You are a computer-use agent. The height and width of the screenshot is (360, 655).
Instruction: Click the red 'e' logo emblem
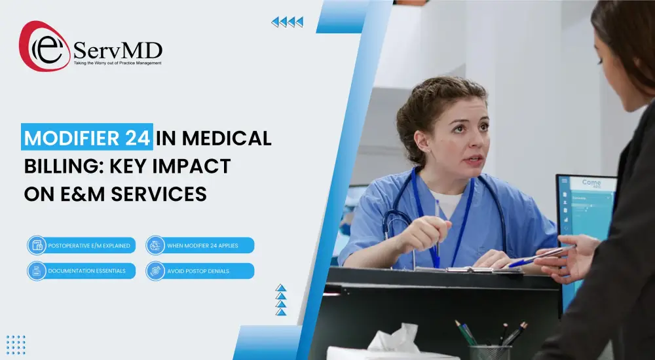[43, 46]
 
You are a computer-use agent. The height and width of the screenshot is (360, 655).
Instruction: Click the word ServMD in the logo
[118, 50]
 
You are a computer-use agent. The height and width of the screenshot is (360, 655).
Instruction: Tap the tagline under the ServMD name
[117, 63]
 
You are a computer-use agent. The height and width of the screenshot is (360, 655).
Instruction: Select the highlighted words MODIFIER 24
[88, 139]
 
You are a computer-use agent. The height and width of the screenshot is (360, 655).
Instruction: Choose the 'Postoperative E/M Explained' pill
[82, 245]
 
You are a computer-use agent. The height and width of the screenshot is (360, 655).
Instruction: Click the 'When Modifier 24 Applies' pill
[200, 245]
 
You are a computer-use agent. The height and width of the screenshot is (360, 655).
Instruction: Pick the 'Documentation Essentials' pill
[82, 271]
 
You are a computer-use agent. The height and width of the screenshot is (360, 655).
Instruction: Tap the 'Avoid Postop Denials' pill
[200, 271]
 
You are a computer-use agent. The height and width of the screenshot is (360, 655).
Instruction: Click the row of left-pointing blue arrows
[288, 22]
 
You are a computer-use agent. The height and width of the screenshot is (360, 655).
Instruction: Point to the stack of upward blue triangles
[281, 300]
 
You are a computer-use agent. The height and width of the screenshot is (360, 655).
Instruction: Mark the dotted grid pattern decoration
[16, 344]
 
